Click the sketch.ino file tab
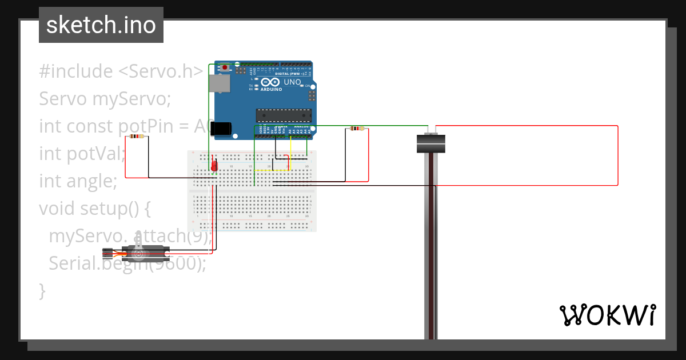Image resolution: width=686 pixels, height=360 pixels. tap(101, 25)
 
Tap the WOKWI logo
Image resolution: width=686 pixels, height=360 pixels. tap(607, 315)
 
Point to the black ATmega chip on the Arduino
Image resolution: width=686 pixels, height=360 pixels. tap(284, 115)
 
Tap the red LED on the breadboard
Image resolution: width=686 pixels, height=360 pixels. tap(214, 166)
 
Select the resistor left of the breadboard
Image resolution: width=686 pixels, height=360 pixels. tap(137, 137)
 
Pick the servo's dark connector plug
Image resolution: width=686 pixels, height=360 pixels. tap(109, 253)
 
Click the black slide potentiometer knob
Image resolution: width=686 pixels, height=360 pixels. tap(430, 143)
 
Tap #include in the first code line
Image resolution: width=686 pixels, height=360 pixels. tap(76, 71)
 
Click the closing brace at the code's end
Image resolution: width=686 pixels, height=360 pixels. tap(42, 290)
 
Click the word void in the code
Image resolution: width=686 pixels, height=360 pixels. tap(59, 209)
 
